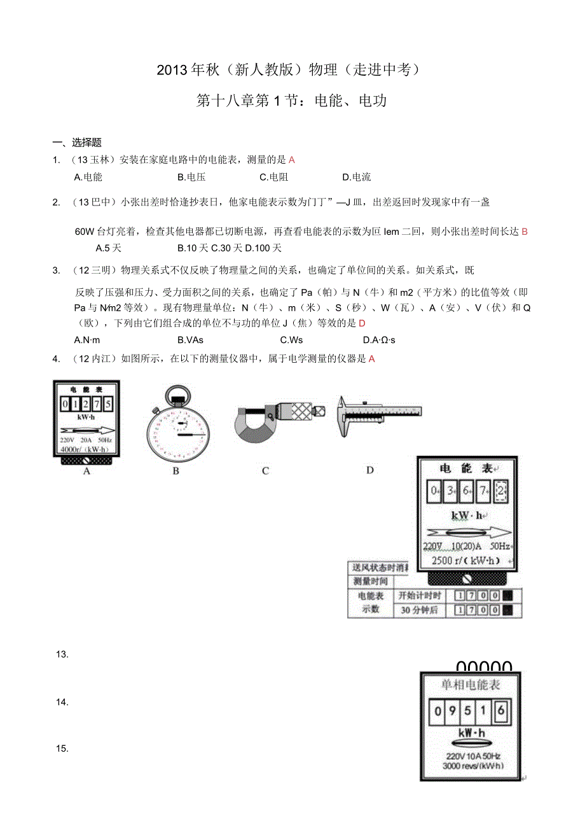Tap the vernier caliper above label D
(x=378, y=414)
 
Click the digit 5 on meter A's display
(x=108, y=403)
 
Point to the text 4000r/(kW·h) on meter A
(x=85, y=449)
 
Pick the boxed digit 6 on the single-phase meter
(x=500, y=711)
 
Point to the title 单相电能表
(x=471, y=685)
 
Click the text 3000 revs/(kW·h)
(x=472, y=766)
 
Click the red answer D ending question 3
(x=362, y=323)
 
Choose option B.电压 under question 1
(x=191, y=177)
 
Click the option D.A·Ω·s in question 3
(x=378, y=340)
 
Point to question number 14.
(x=62, y=702)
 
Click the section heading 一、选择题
(x=77, y=143)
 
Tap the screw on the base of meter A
(x=86, y=460)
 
